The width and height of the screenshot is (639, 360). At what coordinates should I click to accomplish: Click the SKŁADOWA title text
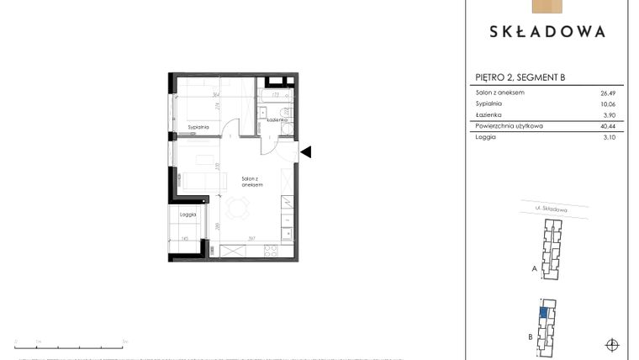tap(547, 32)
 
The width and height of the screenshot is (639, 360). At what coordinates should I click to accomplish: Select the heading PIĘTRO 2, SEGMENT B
tap(520, 78)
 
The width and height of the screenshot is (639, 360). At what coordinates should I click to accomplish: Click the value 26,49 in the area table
tap(610, 92)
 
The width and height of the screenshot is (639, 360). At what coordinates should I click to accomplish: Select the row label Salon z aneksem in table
tap(500, 92)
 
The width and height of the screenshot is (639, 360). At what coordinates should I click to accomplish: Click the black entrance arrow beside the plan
tap(306, 151)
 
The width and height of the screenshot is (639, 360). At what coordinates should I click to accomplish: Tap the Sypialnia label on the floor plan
tap(198, 126)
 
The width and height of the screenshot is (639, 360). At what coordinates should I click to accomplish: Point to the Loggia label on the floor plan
tap(187, 214)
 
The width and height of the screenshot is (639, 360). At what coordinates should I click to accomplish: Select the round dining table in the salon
tap(240, 207)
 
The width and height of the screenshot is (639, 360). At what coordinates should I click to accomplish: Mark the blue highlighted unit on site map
tap(544, 314)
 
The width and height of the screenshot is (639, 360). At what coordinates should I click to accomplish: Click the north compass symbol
tap(612, 344)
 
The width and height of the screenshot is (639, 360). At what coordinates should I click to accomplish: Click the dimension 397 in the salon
tap(251, 238)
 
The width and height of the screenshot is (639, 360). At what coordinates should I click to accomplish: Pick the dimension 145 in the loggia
tap(184, 238)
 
